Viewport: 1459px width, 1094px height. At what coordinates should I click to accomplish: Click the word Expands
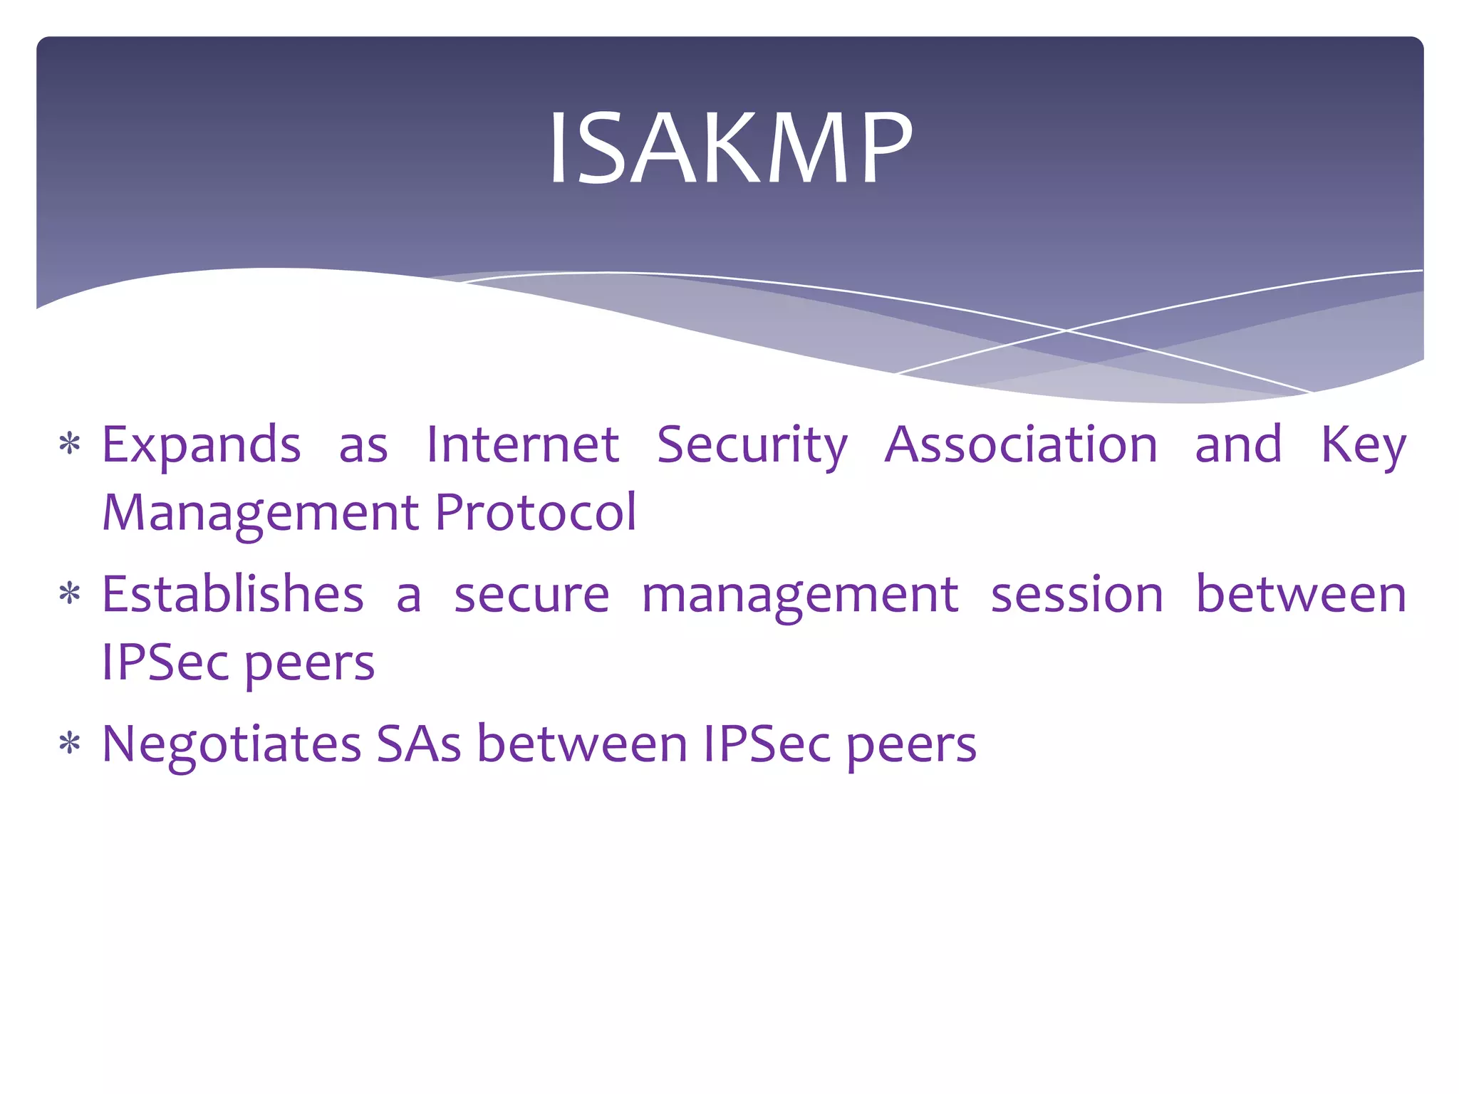point(202,446)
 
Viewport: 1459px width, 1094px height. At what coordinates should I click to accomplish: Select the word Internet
point(522,444)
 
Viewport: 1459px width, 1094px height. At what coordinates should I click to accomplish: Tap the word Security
point(752,446)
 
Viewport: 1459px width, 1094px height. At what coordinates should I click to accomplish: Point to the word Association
point(1021,444)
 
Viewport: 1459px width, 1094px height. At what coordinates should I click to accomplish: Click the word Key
point(1364,446)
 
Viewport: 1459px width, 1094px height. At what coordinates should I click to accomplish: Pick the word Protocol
point(536,512)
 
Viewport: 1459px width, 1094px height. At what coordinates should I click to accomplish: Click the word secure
point(531,595)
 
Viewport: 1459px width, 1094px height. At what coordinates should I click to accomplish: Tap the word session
point(1077,595)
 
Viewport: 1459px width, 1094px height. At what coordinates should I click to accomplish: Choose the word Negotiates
point(232,745)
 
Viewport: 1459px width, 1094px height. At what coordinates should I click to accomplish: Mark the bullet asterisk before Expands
point(70,444)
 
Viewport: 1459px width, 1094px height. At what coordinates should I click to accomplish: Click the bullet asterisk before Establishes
point(70,594)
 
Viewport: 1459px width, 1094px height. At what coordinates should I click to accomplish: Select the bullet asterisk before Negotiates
point(70,744)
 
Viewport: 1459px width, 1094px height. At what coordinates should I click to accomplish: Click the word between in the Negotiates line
point(581,744)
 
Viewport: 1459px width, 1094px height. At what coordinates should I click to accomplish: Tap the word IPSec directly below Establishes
point(165,662)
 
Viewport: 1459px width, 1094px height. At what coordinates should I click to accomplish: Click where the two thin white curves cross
point(1066,330)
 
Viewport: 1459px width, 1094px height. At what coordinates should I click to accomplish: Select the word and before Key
point(1238,444)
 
